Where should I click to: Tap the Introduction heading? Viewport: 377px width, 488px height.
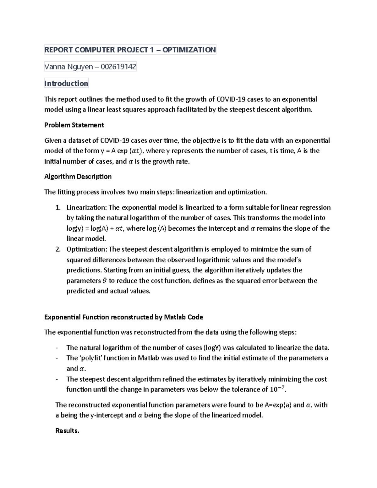click(66, 83)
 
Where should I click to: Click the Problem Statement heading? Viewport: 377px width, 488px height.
click(74, 125)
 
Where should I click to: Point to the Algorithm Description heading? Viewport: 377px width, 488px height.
click(78, 177)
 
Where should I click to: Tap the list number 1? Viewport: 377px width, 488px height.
click(57, 207)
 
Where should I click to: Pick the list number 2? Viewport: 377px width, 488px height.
click(57, 249)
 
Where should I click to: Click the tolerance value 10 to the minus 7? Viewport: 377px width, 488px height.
click(278, 389)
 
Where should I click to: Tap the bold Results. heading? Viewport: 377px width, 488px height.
click(67, 431)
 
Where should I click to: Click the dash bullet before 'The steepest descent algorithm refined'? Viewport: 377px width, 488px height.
click(57, 379)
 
